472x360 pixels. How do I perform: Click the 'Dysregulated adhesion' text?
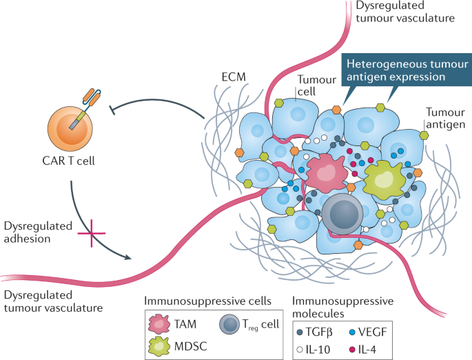click(x=34, y=232)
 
